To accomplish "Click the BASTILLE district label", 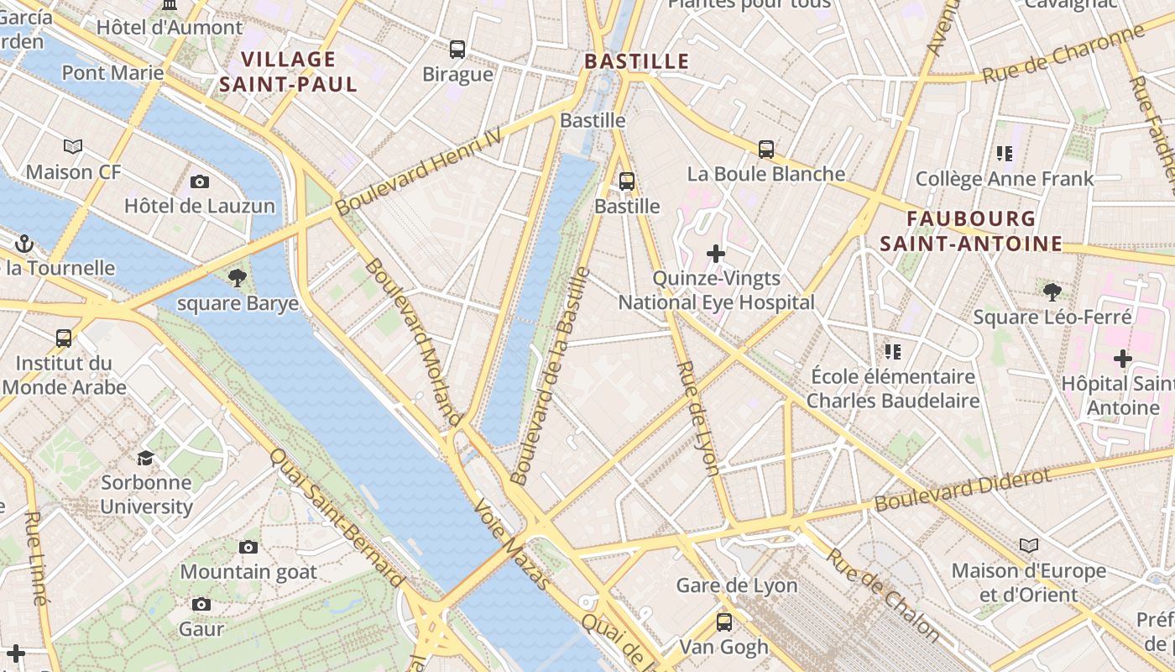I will tap(636, 61).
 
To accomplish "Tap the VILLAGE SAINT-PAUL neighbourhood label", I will tap(288, 71).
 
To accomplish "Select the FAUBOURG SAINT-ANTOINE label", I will tap(971, 231).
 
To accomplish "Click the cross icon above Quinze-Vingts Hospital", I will tap(715, 253).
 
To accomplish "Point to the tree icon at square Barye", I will tap(238, 278).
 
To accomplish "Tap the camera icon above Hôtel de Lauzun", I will tap(200, 181).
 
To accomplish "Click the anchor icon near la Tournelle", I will tap(24, 244).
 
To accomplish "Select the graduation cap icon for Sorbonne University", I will tap(146, 458).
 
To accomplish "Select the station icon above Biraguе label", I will tap(457, 50).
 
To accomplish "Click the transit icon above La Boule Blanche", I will tap(765, 150).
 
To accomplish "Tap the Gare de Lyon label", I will tap(736, 585).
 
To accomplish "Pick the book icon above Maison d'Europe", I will tap(1028, 546).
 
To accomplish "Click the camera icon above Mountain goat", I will tap(248, 548).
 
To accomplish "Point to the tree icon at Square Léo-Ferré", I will tap(1052, 291).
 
